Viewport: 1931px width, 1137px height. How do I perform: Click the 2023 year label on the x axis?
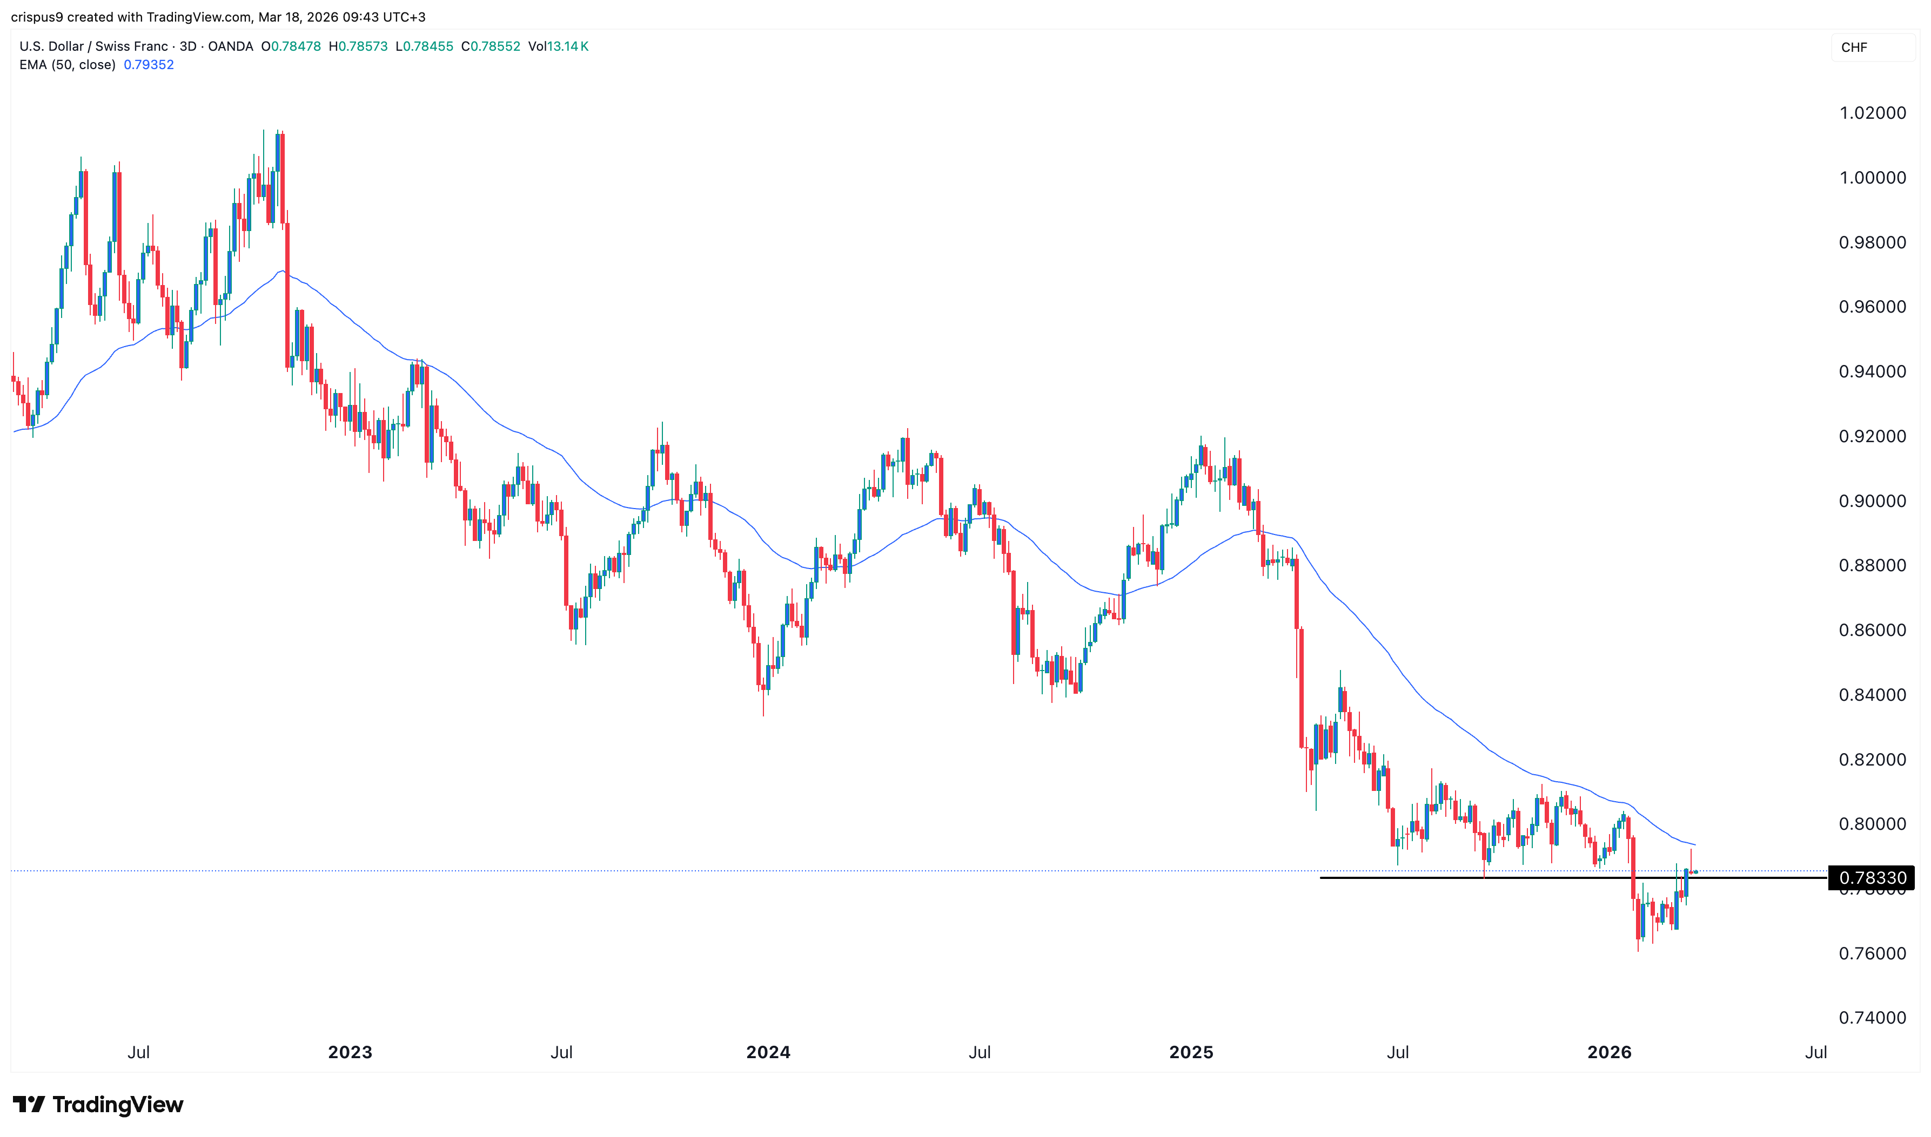[x=350, y=1053]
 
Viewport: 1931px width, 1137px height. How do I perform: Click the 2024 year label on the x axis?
[x=768, y=1053]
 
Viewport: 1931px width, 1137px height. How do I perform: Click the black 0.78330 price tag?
[x=1871, y=878]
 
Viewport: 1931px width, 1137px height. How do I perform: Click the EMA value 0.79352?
[x=149, y=65]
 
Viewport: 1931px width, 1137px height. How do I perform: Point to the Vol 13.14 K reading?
[x=558, y=47]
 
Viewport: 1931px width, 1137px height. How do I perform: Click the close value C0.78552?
[x=491, y=47]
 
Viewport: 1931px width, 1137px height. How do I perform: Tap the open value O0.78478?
[x=291, y=47]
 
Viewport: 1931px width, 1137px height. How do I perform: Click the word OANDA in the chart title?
[x=230, y=47]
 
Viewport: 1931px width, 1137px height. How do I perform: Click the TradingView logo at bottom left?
[x=98, y=1105]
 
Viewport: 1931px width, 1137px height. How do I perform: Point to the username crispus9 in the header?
[x=37, y=17]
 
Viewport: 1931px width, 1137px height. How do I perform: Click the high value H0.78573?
[x=358, y=47]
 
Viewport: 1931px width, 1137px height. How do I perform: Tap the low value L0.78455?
[x=425, y=47]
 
